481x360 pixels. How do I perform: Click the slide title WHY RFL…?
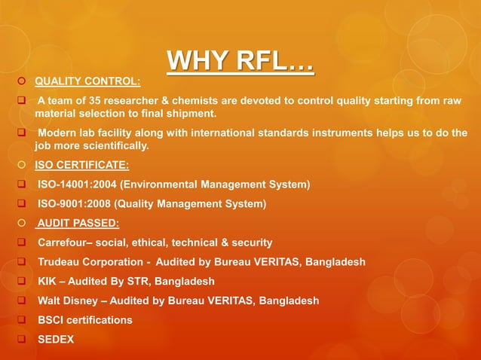[240, 62]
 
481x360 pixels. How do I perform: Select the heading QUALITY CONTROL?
[87, 81]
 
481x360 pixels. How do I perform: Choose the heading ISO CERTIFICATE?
[82, 165]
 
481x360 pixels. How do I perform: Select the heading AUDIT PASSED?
[78, 223]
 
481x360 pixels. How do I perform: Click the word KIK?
[47, 282]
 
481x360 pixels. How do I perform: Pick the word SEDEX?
[56, 340]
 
